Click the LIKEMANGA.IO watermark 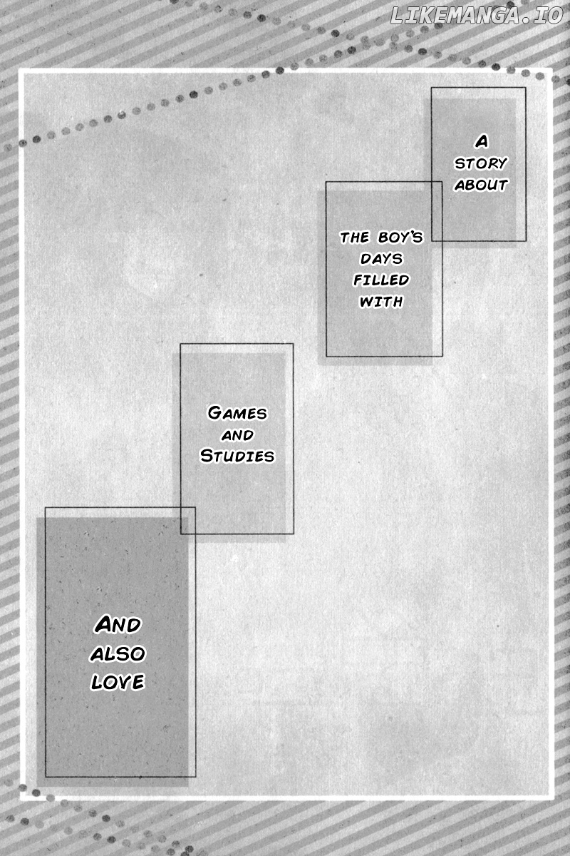pos(477,16)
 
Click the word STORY pos(480,163)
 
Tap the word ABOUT pos(481,185)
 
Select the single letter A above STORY pos(482,142)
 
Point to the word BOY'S pos(400,238)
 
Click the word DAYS pos(381,259)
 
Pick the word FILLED pos(381,280)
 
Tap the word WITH pos(381,302)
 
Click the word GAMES pos(237,413)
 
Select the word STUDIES pos(237,456)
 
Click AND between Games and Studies pos(237,435)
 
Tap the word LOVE pos(118,682)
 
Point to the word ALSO pos(118,654)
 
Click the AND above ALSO pos(118,625)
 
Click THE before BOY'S pos(355,238)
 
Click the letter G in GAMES pos(215,412)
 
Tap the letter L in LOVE pos(96,683)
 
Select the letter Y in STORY pos(502,163)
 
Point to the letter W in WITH pos(367,302)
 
